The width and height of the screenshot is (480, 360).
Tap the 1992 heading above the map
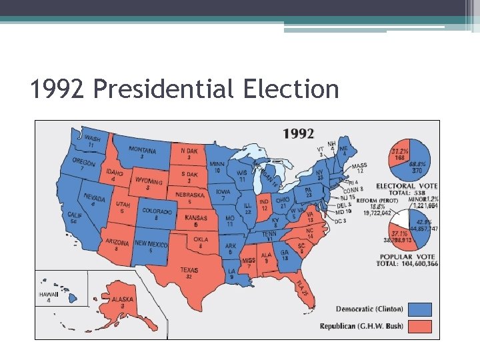point(298,133)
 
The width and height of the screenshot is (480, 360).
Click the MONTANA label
point(143,151)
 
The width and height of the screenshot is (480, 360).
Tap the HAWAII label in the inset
point(49,294)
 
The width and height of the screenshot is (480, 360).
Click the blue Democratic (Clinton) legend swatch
point(421,309)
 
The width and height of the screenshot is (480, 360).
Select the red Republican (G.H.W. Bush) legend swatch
point(421,326)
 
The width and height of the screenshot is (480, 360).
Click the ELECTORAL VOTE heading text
point(407,185)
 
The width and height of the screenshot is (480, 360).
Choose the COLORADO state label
point(156,211)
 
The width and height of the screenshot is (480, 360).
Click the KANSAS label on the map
point(195,218)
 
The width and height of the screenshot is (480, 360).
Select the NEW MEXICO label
point(151,243)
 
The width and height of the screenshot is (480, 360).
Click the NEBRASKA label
point(190,195)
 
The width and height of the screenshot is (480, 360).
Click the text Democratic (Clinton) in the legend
point(370,309)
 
